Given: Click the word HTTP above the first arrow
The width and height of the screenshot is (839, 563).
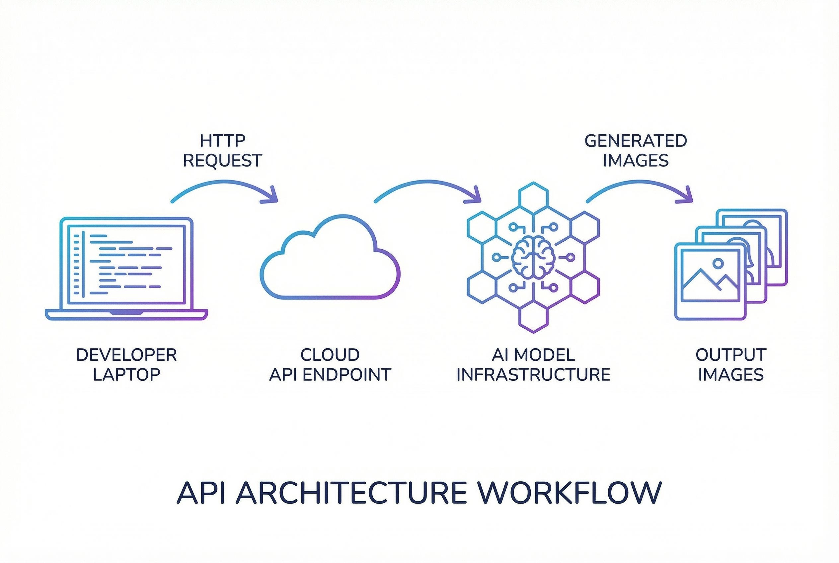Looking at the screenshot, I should pos(222,141).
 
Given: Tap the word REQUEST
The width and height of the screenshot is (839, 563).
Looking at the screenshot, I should pos(222,160).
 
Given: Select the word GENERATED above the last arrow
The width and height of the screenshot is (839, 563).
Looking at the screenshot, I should pos(636,141).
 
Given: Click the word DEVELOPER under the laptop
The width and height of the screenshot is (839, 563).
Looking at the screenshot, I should pos(126,355).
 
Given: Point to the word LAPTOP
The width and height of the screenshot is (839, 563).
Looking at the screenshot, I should pos(126,374).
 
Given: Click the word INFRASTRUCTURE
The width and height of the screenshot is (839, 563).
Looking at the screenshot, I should pos(533,374).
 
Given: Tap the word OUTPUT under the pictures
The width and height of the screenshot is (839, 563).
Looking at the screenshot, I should pos(731,355).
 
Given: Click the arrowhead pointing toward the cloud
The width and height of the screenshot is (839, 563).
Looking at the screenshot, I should pos(271,197).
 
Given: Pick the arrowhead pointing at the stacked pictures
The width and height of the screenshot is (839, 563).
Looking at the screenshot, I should pos(686,197).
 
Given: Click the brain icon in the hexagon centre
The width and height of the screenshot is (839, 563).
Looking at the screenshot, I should pos(533,257).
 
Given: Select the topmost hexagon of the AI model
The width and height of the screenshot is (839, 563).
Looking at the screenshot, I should pos(533,197).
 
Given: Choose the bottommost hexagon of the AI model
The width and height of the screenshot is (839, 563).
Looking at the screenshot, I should pos(533,318).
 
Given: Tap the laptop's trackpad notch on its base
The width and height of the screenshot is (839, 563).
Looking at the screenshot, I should pos(126,313).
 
